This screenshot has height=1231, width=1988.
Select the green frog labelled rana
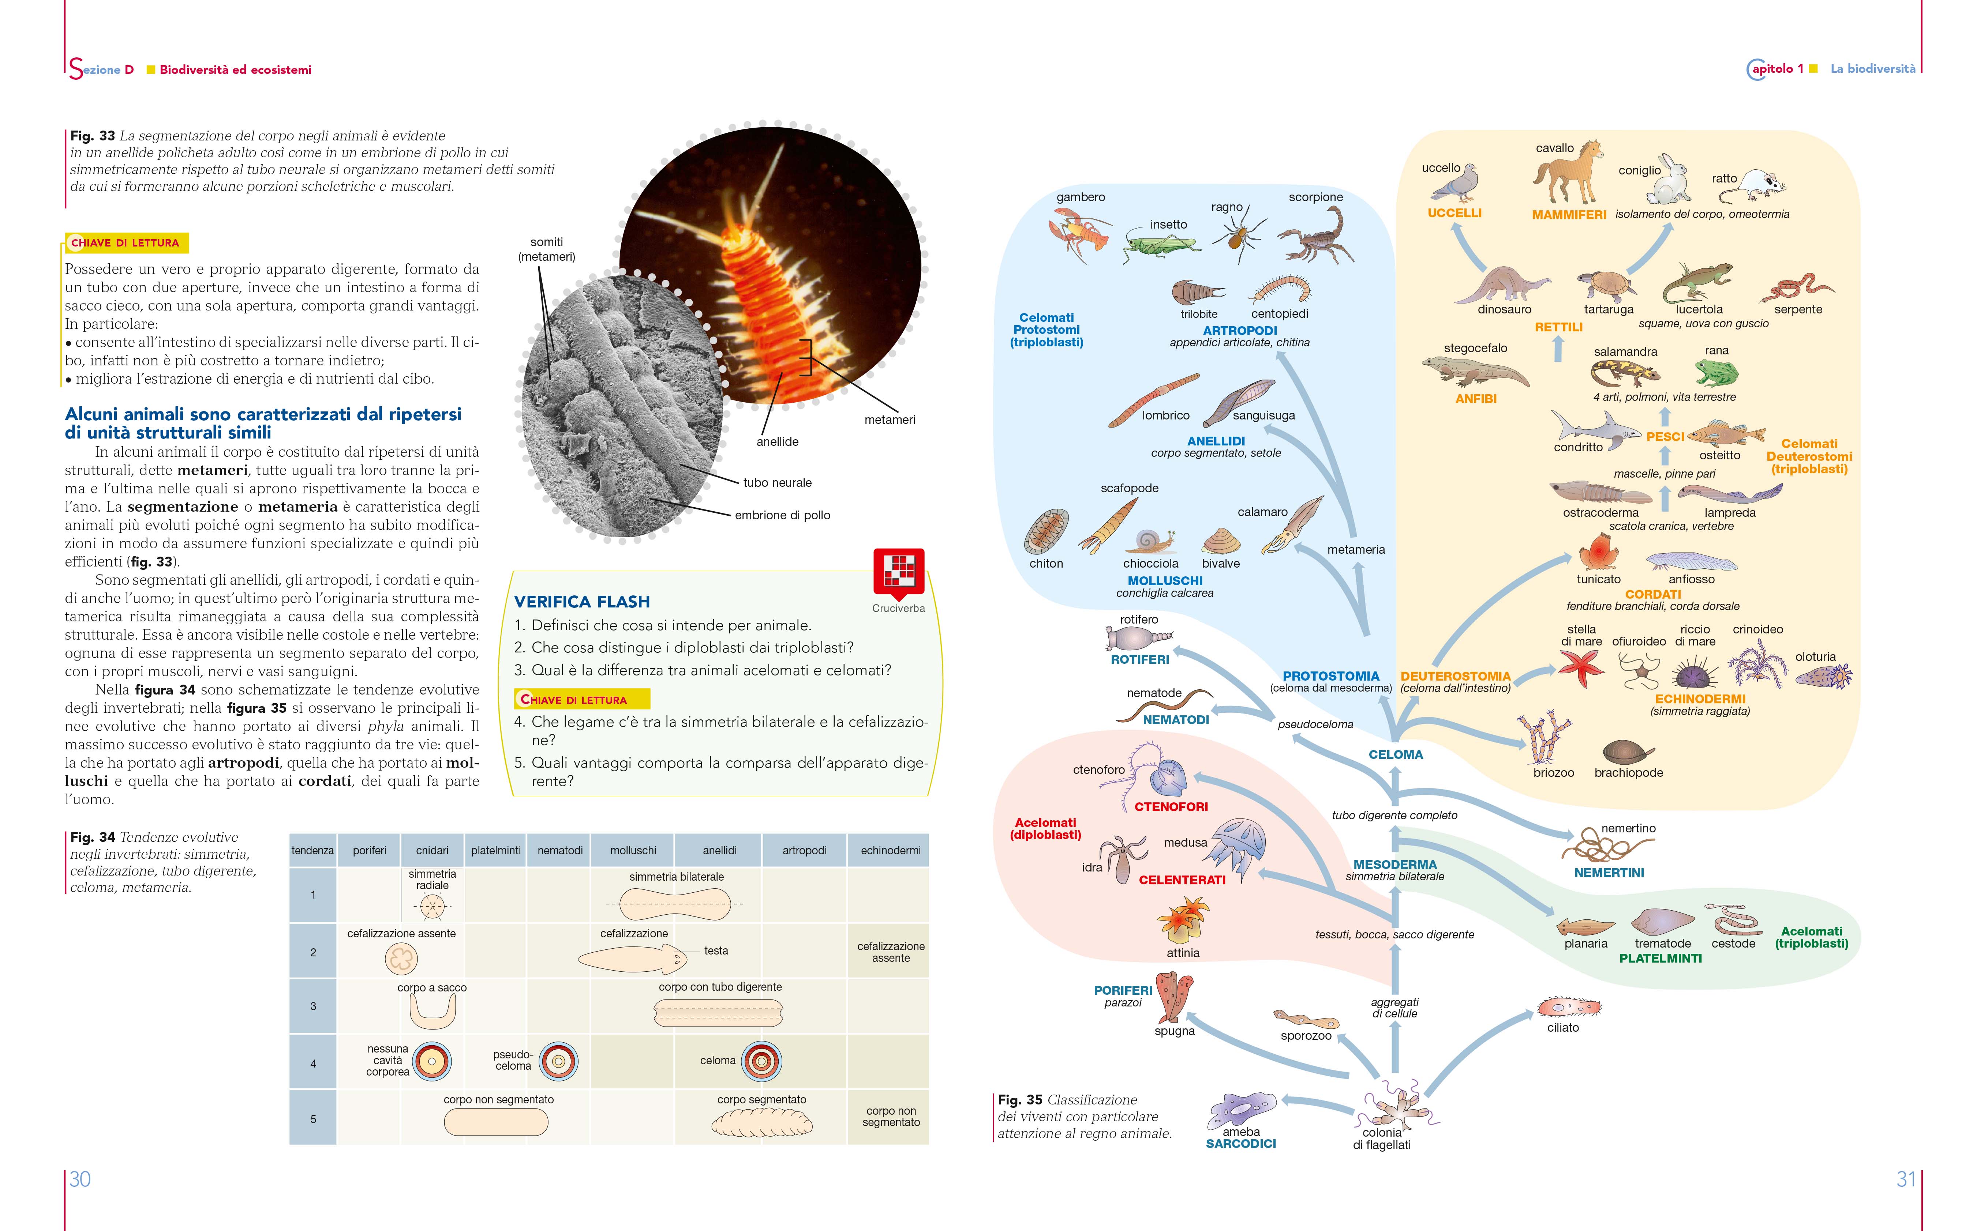coord(1716,373)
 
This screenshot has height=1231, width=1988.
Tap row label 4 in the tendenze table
coord(313,1063)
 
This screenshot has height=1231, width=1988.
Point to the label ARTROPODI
coord(1240,331)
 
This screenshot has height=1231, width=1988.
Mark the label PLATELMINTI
coord(1660,958)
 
